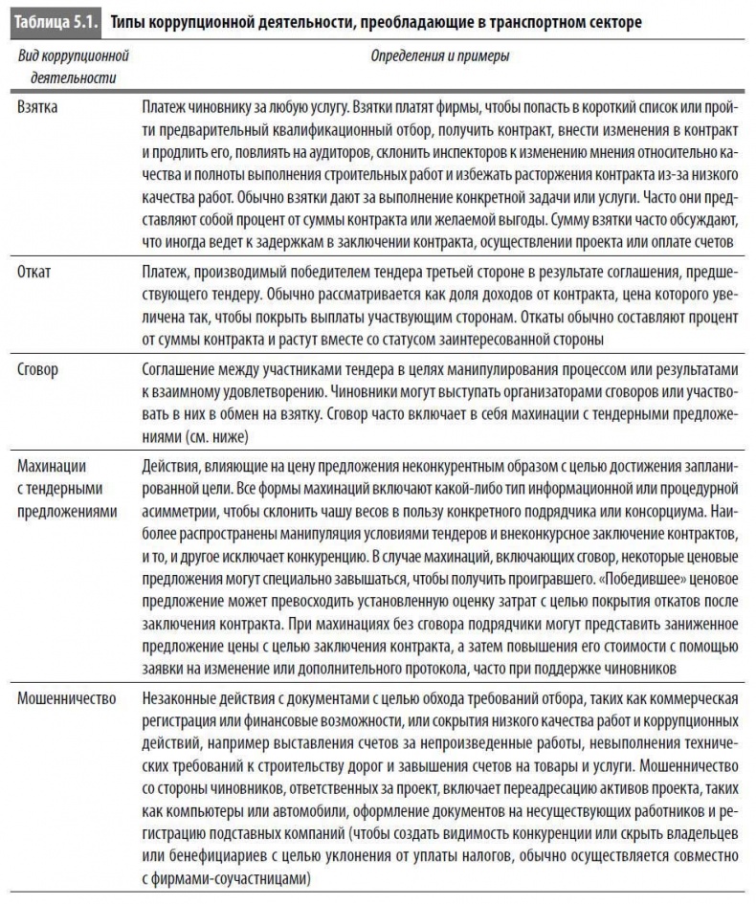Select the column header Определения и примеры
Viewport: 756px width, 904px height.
[439, 56]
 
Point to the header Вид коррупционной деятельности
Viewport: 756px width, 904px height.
[73, 67]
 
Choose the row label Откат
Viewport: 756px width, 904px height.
[34, 271]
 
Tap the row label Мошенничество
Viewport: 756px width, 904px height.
[67, 697]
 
